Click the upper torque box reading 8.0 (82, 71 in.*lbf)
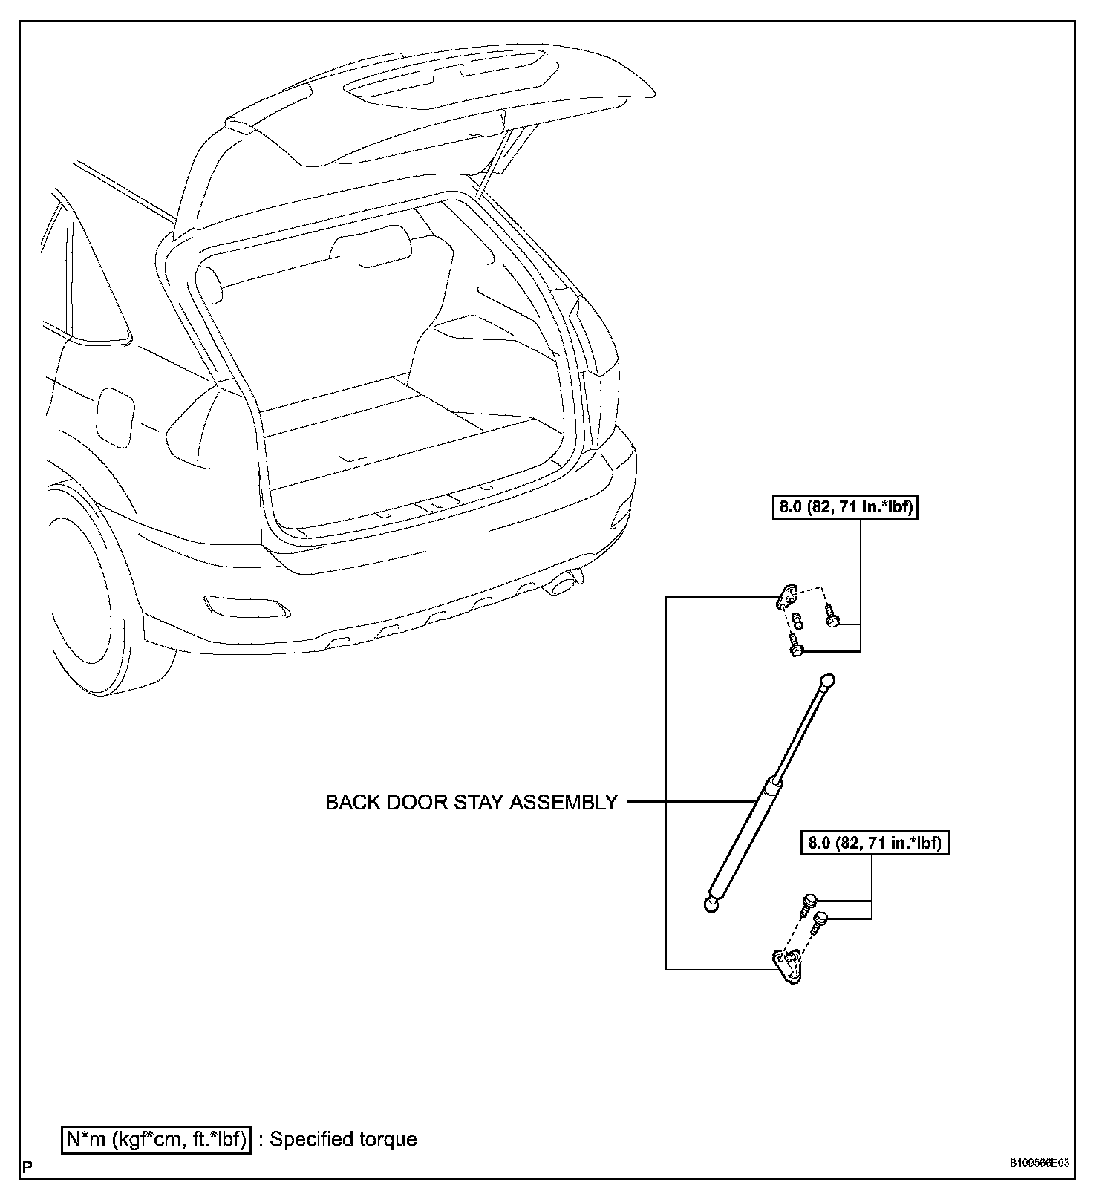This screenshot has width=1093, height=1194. (x=845, y=508)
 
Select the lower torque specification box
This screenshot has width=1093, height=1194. (x=875, y=843)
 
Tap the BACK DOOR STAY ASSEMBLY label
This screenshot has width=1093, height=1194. (x=472, y=802)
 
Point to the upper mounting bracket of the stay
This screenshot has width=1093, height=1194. (x=788, y=596)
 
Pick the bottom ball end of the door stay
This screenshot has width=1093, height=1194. (x=711, y=905)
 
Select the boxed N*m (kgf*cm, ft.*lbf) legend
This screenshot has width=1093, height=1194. (x=156, y=1138)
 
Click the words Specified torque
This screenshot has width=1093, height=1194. (x=343, y=1139)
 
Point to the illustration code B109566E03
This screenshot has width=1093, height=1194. (x=1039, y=1163)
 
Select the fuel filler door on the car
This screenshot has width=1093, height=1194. (x=116, y=416)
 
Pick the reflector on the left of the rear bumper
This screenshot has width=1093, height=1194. (x=244, y=604)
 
